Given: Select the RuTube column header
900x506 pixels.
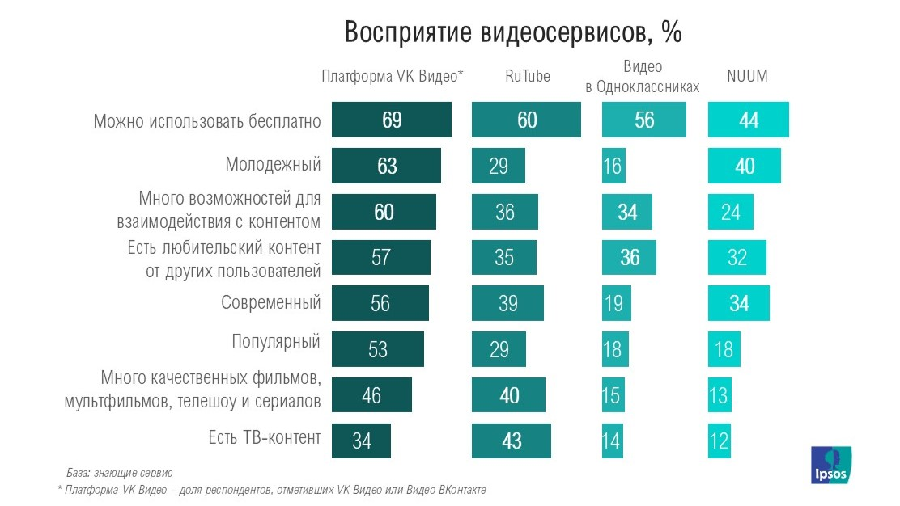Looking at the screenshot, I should [527, 77].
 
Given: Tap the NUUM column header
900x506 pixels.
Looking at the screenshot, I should [746, 77].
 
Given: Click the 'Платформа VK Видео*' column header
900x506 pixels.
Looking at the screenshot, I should [392, 77].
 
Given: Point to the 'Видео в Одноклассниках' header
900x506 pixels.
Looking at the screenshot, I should [642, 77].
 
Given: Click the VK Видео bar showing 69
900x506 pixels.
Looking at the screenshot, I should [392, 120].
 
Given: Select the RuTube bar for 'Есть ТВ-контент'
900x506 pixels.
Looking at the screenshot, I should [511, 441].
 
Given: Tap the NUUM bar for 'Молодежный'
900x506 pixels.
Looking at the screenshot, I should [745, 166].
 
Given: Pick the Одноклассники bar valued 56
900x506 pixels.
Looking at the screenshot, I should [644, 120].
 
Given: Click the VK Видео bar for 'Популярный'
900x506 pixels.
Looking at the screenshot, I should [378, 349].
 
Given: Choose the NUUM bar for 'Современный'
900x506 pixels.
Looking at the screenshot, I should [738, 304].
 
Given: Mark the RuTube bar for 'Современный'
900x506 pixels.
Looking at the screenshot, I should [507, 304].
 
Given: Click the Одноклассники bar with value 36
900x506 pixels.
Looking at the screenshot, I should [629, 258].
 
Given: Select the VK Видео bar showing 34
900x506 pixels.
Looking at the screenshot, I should [362, 441].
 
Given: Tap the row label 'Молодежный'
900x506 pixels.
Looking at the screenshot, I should [273, 165].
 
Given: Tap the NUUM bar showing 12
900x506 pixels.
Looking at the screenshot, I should [719, 441].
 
